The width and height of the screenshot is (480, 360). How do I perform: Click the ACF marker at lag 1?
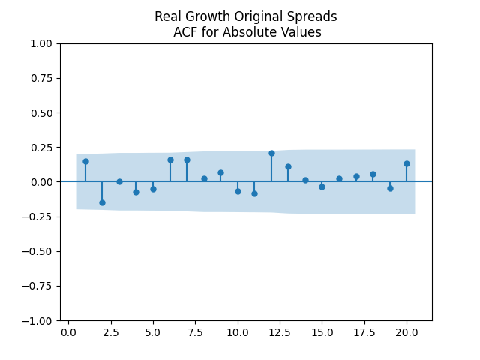(x=85, y=161)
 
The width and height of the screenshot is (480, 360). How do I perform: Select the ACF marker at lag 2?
(x=102, y=202)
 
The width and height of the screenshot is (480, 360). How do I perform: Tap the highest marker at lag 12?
(x=271, y=153)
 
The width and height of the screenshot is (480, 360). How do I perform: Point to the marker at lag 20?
(x=406, y=163)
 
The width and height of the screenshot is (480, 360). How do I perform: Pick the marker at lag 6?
(x=170, y=160)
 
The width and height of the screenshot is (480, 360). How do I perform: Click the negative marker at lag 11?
(x=254, y=193)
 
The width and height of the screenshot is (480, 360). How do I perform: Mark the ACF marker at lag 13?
(x=288, y=166)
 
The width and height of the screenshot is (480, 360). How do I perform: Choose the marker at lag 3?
(x=119, y=181)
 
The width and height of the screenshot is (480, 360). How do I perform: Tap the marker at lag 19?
(x=390, y=188)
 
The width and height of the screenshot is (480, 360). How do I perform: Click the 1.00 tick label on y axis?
(x=41, y=43)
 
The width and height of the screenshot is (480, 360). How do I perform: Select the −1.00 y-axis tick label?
(x=38, y=320)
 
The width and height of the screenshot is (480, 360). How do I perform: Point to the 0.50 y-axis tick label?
(x=41, y=112)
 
